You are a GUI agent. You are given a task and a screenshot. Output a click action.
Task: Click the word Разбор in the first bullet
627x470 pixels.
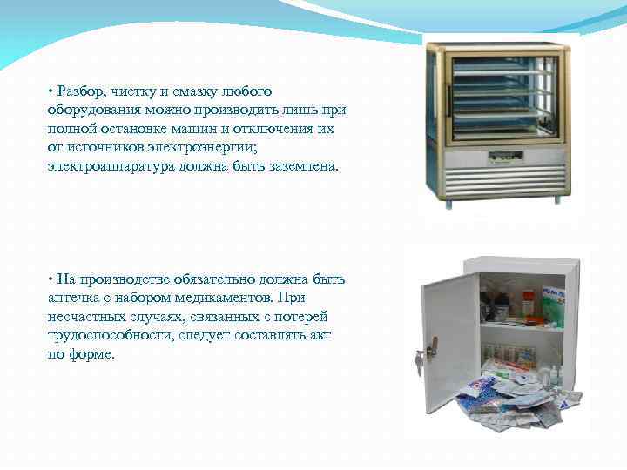[79, 91]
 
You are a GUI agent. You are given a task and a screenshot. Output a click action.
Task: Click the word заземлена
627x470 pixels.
[300, 165]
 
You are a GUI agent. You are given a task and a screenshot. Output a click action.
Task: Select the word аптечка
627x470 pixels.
[77, 299]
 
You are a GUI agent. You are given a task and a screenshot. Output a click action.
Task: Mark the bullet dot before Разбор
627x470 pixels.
[51, 91]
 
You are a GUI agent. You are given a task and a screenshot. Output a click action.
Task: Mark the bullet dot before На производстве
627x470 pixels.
[51, 279]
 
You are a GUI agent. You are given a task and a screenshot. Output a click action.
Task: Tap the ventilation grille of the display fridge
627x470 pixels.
[501, 180]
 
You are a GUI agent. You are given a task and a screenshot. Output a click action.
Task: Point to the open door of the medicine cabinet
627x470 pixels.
[450, 339]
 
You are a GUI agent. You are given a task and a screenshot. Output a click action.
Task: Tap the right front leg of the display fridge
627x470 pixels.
[557, 199]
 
